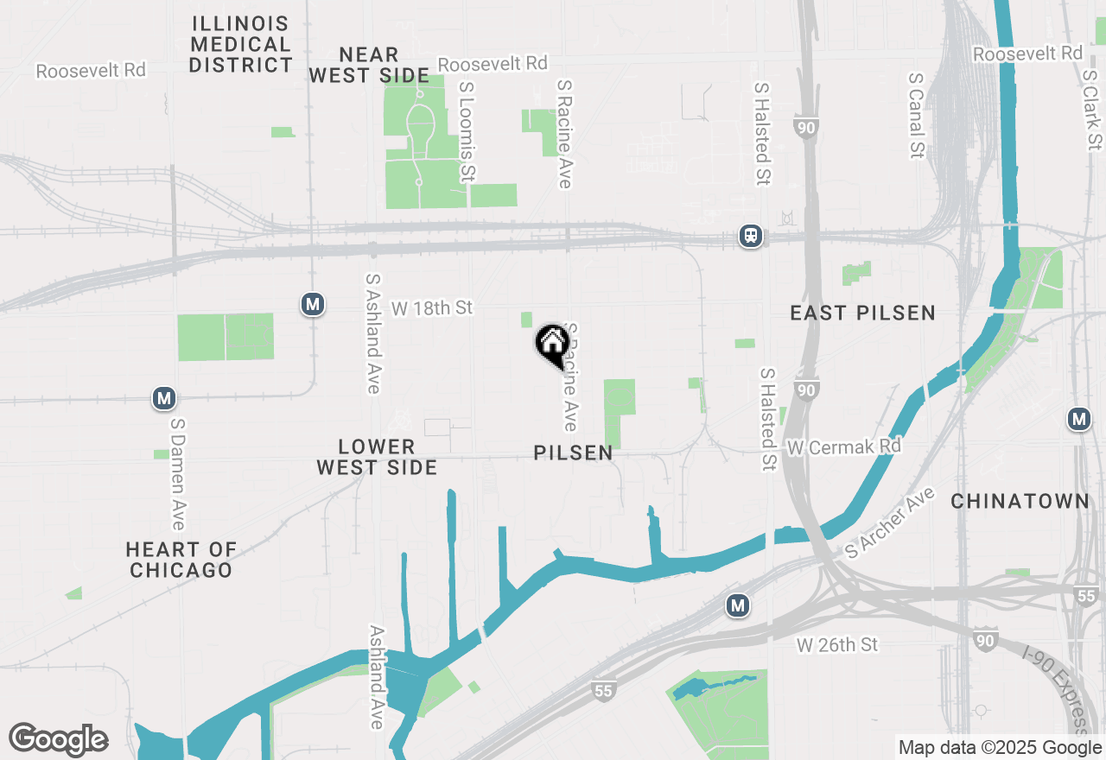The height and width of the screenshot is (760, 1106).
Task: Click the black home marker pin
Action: [x=551, y=345]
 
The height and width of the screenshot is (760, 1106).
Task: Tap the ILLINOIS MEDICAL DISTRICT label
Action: [x=241, y=44]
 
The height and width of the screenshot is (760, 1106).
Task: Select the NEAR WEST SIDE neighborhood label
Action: [x=369, y=66]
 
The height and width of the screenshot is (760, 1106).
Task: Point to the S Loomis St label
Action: [x=467, y=132]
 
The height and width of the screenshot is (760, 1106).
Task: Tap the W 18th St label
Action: [x=432, y=308]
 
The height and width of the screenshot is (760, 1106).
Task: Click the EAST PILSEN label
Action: [x=862, y=313]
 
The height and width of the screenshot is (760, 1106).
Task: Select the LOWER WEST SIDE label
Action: [x=377, y=457]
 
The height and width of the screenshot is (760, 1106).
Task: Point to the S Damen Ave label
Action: [x=177, y=474]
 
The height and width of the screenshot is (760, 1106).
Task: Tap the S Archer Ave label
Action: [x=891, y=522]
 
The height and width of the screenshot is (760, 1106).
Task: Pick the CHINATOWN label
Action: [x=1020, y=502]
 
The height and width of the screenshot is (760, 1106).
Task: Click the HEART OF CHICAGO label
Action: [x=181, y=560]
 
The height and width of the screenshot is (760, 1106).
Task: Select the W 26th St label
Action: [x=836, y=644]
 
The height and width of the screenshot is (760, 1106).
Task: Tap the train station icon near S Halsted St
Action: [x=750, y=236]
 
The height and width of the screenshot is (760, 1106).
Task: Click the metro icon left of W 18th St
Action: [x=312, y=304]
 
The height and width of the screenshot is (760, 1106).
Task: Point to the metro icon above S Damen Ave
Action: [x=164, y=398]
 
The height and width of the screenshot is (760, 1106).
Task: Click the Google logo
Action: [x=58, y=739]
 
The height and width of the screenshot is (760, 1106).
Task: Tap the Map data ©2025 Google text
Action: [x=1000, y=748]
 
